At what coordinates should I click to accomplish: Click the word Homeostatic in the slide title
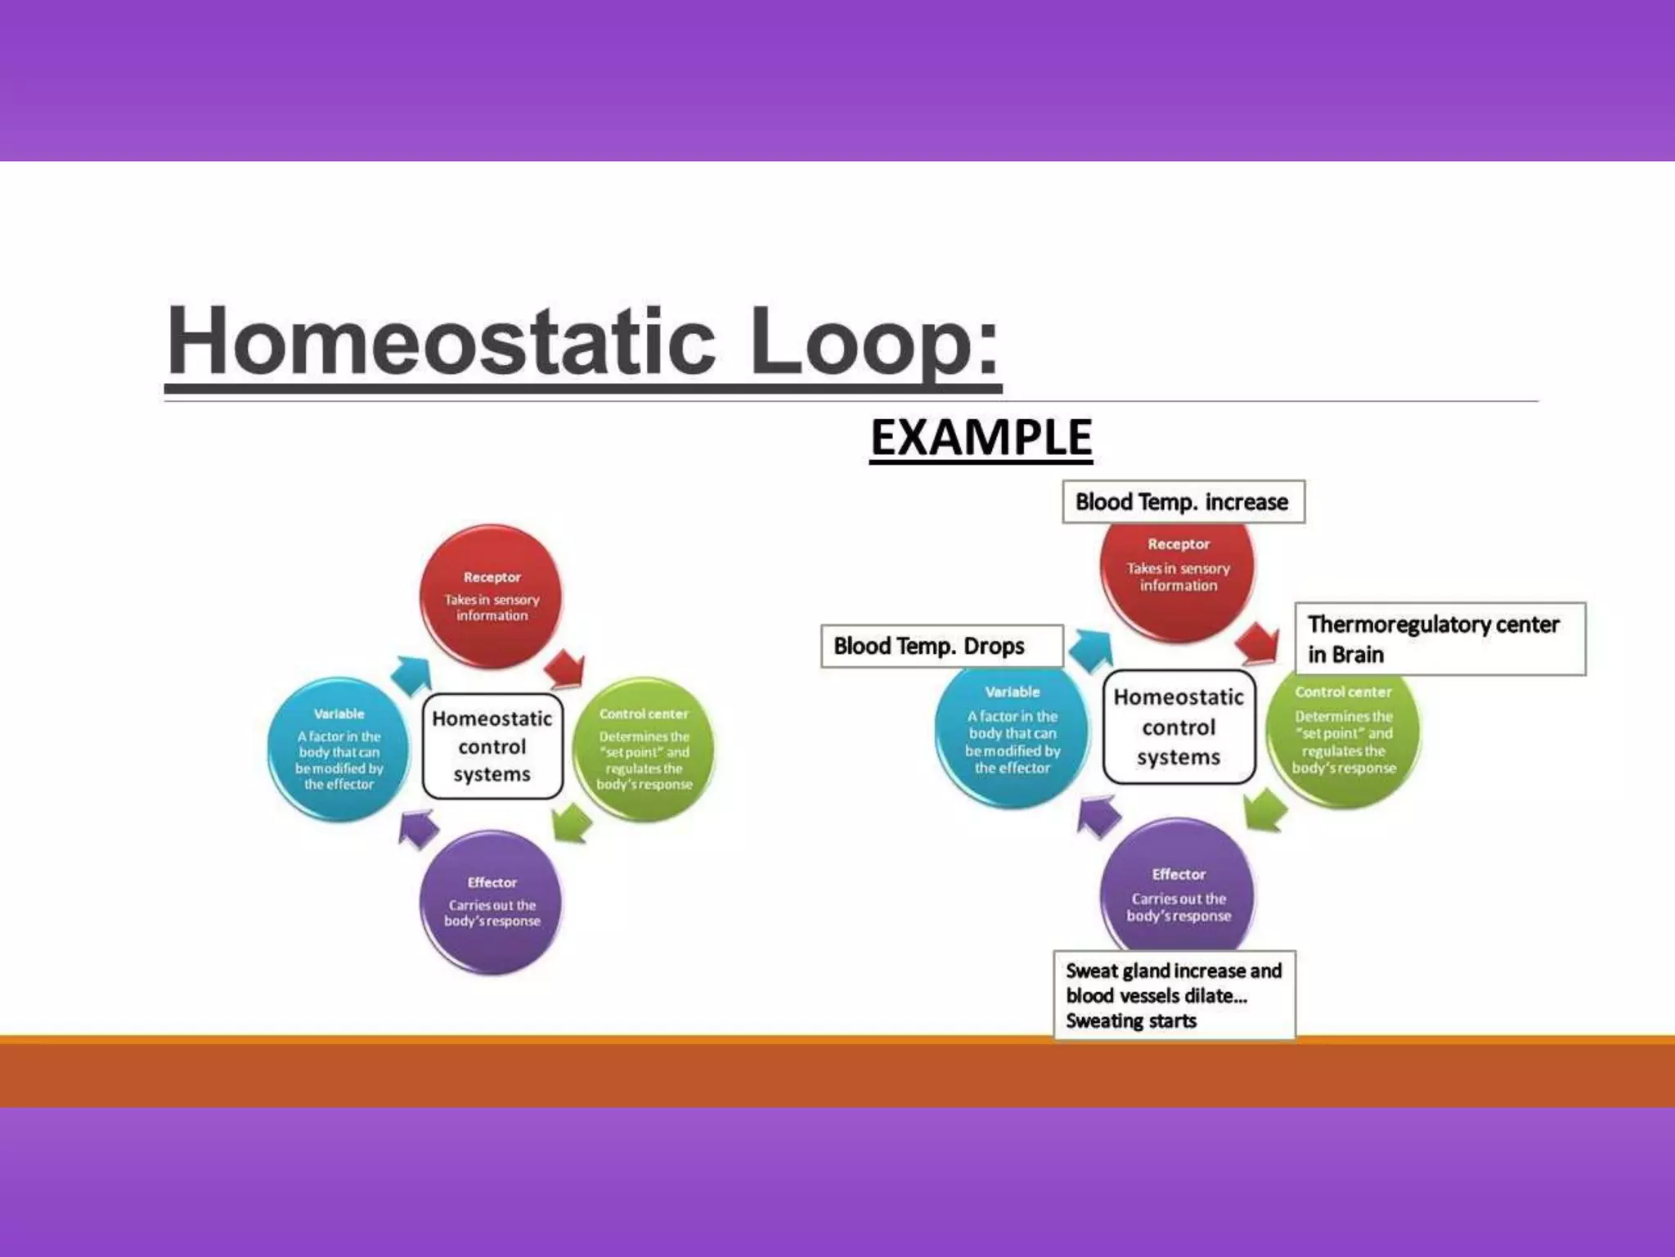tap(442, 341)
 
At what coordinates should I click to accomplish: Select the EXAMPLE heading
tap(981, 438)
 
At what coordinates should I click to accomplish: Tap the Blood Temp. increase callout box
tap(1183, 502)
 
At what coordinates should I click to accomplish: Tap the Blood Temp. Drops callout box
tap(941, 647)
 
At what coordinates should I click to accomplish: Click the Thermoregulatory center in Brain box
tap(1439, 639)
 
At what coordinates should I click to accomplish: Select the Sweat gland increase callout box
tap(1174, 995)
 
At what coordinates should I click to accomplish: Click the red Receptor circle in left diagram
tap(492, 596)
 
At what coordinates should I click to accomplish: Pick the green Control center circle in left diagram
tap(644, 748)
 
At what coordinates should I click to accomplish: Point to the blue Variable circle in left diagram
tap(339, 748)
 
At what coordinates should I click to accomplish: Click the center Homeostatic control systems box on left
tap(492, 746)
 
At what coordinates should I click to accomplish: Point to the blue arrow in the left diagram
tap(411, 674)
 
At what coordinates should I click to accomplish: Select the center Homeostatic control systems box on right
tap(1179, 727)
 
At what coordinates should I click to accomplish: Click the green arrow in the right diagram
tap(1264, 809)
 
